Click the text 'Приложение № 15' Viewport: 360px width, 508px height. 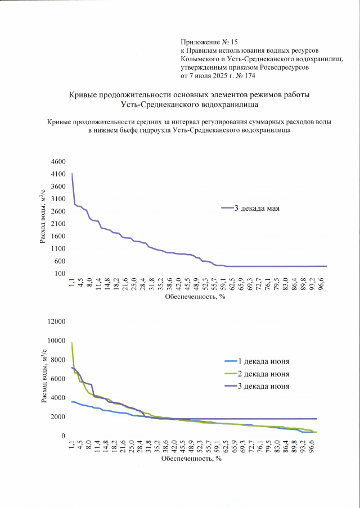tap(210, 42)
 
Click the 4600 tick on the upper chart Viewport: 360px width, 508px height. tap(58, 162)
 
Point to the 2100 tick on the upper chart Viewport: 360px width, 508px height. tap(58, 224)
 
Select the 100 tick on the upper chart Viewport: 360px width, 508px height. tap(60, 273)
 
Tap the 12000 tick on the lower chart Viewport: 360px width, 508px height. tap(56, 321)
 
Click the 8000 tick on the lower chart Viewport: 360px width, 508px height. tap(58, 360)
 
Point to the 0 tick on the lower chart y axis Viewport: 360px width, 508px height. tap(64, 436)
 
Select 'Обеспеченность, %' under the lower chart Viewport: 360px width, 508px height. tap(191, 459)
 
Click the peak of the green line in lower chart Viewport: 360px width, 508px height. tap(72, 342)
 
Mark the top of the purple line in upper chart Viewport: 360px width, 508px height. tap(72, 173)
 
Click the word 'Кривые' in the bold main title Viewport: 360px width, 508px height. tap(83, 94)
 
